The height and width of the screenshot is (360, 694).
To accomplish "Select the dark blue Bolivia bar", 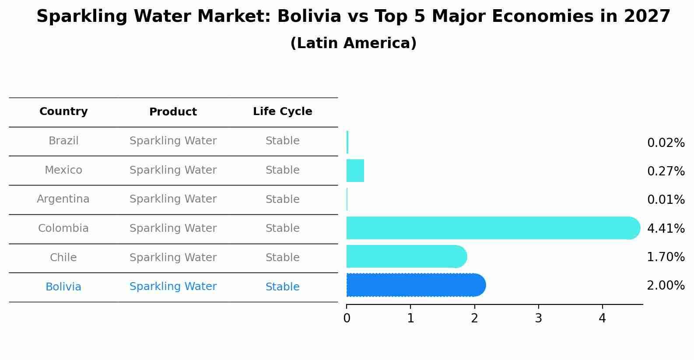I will [x=416, y=285].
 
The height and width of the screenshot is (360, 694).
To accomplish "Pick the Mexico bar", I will [x=355, y=171].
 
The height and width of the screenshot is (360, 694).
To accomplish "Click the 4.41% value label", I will [x=666, y=228].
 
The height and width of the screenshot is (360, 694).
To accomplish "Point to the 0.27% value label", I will [x=666, y=171].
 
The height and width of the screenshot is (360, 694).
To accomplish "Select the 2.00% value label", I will [x=666, y=286].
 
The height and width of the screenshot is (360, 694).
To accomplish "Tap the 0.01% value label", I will [x=666, y=200].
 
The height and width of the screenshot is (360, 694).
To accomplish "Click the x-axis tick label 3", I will [x=538, y=318].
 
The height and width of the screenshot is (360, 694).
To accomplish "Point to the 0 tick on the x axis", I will [x=347, y=318].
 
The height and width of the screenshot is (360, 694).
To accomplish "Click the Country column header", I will [x=63, y=112].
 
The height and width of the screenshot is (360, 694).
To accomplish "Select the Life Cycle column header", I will [x=282, y=112].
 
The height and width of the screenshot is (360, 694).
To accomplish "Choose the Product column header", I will [x=173, y=112].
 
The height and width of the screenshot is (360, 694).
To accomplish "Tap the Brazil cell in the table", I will [x=63, y=141].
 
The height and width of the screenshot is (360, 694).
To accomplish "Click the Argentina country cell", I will [x=63, y=199].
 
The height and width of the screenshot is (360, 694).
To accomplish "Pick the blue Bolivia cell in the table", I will [x=63, y=287].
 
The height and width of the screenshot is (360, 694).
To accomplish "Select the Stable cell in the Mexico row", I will [x=282, y=170].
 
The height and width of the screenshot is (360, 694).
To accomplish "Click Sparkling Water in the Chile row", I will [x=173, y=258].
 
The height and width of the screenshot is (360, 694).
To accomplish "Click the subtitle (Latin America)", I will [x=353, y=43].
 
